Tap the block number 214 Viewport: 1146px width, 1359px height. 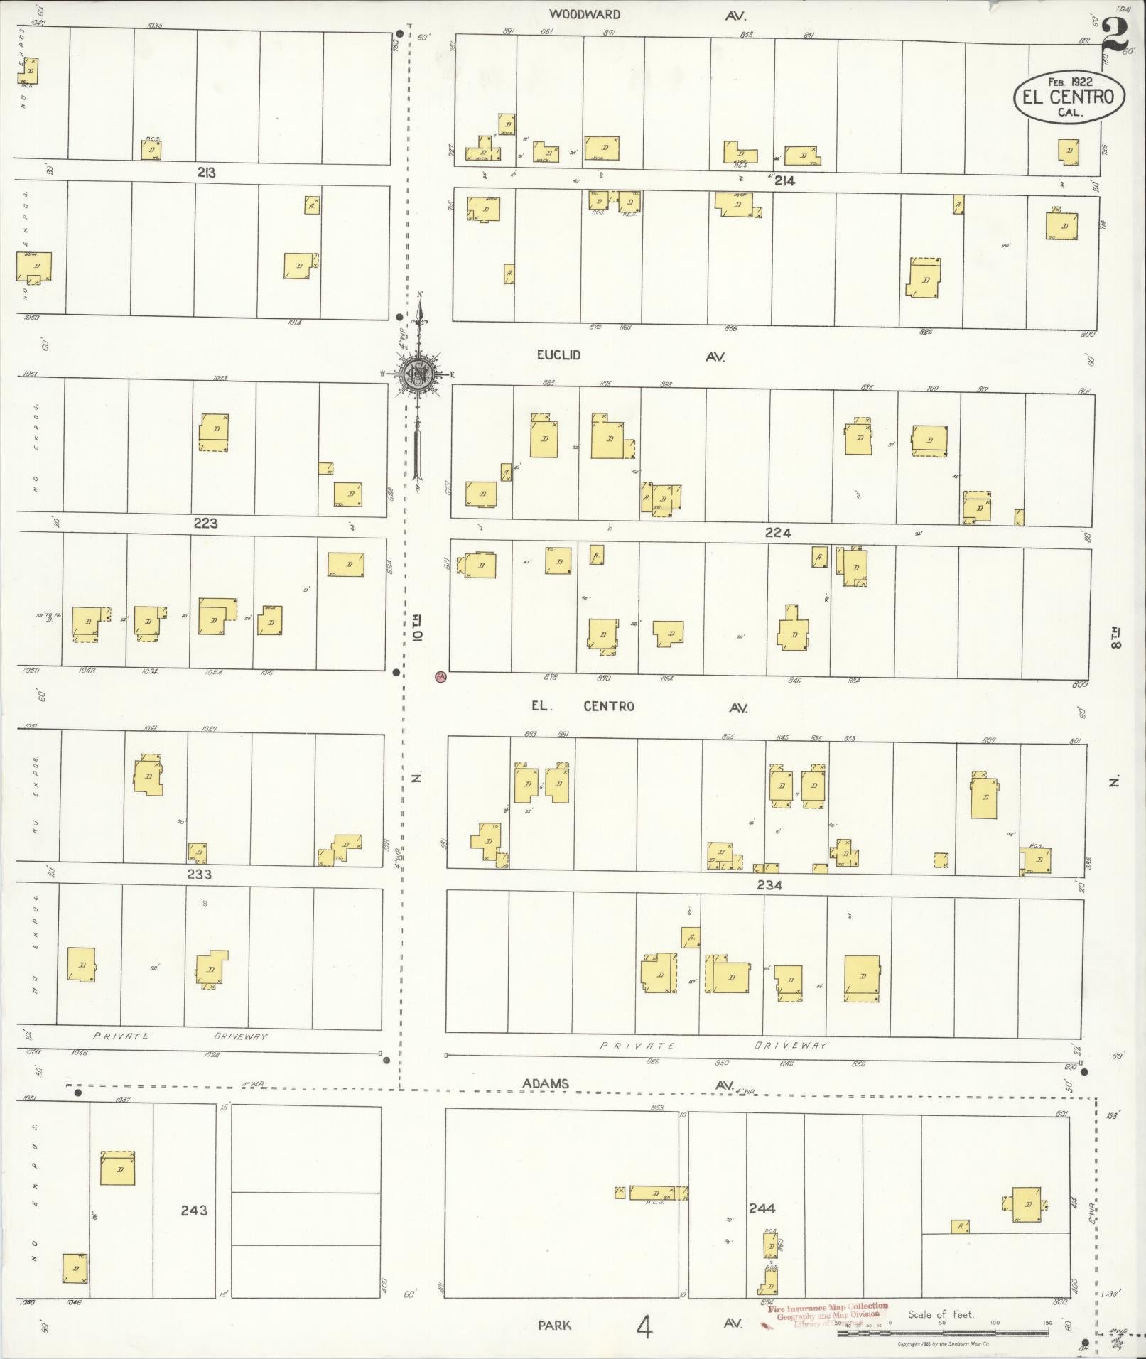point(784,181)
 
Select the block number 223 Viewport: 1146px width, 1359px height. point(205,524)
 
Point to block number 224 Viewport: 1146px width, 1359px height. point(778,533)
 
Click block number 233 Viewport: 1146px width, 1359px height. point(199,875)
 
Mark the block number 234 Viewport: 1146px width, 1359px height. point(769,885)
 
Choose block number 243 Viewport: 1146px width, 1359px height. point(193,1210)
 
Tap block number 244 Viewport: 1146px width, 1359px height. point(762,1208)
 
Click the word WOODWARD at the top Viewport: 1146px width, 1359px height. point(585,14)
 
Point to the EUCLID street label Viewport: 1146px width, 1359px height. point(558,354)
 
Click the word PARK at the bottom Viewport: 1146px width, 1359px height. point(554,1325)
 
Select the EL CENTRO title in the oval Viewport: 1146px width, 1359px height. point(1069,97)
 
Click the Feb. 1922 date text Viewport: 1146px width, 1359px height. point(1070,80)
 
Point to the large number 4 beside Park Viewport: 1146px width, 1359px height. point(644,1326)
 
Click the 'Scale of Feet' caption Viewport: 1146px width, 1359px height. point(941,1314)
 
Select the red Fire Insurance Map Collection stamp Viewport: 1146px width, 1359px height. point(828,1315)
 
